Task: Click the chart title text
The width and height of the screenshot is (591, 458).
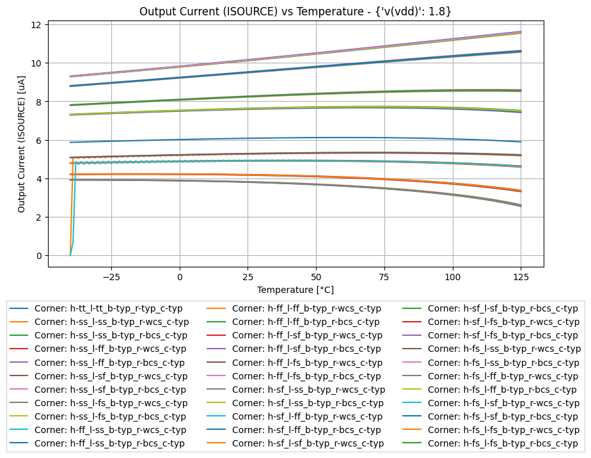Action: [x=295, y=12]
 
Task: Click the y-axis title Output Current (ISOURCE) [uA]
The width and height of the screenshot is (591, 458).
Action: [x=22, y=142]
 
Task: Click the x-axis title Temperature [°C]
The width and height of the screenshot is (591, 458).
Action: [x=295, y=290]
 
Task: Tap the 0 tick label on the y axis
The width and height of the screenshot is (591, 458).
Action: [x=39, y=256]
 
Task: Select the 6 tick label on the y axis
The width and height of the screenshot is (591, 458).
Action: [x=39, y=141]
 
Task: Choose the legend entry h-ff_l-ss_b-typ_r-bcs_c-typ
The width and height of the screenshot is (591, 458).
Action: [x=109, y=443]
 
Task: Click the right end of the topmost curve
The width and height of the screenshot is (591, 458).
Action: [x=521, y=31]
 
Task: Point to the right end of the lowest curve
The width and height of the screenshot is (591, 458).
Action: [x=521, y=206]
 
